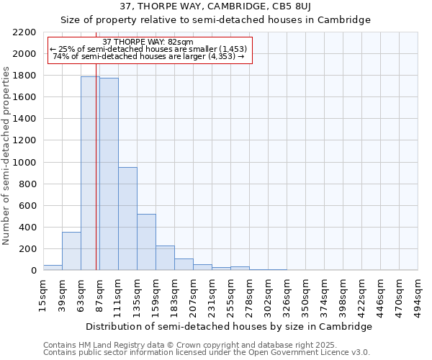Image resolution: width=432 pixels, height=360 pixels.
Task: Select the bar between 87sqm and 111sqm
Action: click(x=109, y=174)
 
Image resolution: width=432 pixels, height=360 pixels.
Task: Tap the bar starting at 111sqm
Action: click(x=127, y=218)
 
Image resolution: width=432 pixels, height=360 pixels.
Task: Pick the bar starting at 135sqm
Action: click(x=146, y=242)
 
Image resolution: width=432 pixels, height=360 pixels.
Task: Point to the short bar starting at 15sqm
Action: click(x=53, y=267)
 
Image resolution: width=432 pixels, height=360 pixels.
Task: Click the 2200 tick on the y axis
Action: click(x=24, y=32)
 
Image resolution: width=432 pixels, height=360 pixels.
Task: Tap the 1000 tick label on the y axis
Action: click(x=24, y=163)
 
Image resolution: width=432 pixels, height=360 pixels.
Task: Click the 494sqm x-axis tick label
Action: click(x=418, y=296)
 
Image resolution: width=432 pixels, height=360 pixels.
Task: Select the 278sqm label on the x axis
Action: click(x=250, y=296)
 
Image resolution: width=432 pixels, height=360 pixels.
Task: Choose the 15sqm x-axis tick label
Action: click(x=43, y=296)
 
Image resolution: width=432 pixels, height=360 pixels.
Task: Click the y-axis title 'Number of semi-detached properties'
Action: click(x=7, y=156)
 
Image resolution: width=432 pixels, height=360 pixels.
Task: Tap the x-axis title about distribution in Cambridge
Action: click(x=229, y=327)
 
